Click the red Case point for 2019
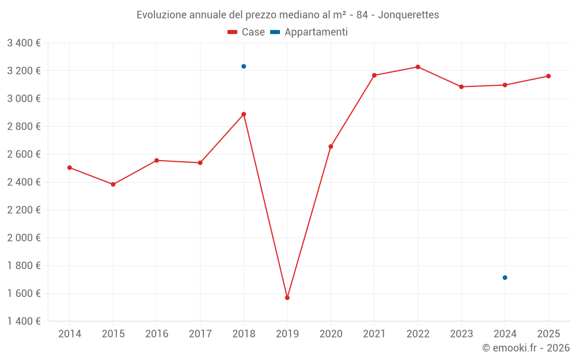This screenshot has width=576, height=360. click(287, 298)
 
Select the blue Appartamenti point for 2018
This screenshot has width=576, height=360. click(244, 66)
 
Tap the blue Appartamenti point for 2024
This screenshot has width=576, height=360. click(505, 278)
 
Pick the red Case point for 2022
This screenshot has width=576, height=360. click(418, 67)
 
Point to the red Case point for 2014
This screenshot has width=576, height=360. click(70, 168)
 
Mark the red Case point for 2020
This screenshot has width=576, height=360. click(331, 146)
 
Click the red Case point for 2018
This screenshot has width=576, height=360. click(244, 114)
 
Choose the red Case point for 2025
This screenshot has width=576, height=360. click(548, 76)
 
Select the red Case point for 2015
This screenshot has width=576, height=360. click(113, 184)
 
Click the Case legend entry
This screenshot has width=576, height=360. click(246, 32)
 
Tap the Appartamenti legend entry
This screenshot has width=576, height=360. click(309, 32)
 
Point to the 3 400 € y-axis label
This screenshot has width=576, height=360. click(24, 43)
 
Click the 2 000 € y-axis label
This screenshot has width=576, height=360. click(24, 238)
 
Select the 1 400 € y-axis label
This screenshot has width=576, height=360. click(24, 321)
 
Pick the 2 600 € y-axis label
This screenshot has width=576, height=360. click(24, 154)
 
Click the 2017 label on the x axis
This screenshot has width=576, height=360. click(200, 334)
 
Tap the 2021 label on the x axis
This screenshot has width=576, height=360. click(374, 334)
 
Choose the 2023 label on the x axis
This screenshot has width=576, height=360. click(461, 334)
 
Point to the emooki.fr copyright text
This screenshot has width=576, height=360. click(525, 348)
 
